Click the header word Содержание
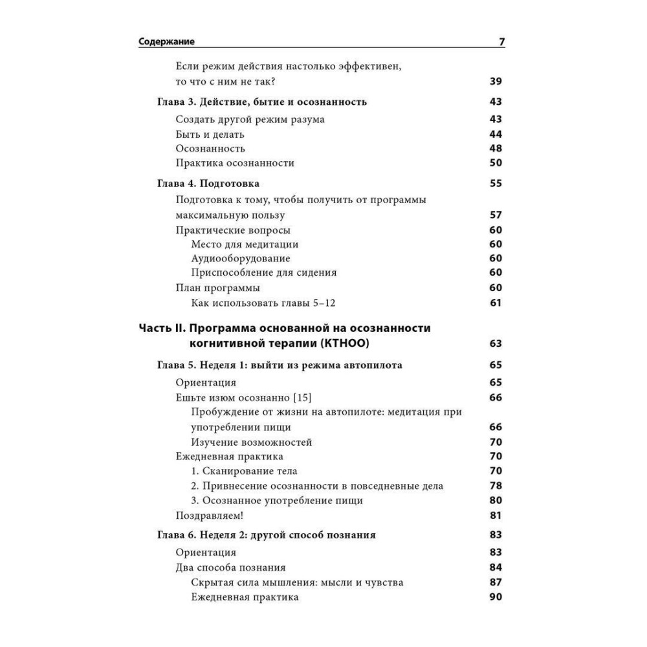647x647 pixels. point(167,43)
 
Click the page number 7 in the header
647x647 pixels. point(501,43)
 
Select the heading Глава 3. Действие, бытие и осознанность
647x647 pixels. point(262,102)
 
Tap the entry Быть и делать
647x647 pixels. point(210,135)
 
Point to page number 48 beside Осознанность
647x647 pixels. point(496,149)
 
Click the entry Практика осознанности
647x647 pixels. point(235,163)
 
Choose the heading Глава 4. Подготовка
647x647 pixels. point(208,184)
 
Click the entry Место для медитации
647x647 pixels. point(245,244)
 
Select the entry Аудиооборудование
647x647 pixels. point(241,258)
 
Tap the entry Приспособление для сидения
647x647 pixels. point(264,272)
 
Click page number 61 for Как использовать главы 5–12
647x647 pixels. point(496,303)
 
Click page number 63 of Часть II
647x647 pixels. point(496,343)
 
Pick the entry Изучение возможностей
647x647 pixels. point(252,443)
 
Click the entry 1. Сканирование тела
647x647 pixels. point(245,471)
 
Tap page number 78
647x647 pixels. point(496,486)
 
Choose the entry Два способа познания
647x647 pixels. point(231,568)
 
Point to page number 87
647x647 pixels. point(496,582)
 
